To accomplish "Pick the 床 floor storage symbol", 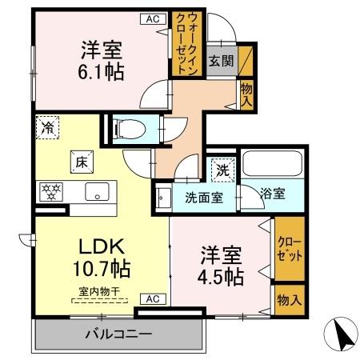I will click(x=79, y=161).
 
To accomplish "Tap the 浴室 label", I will click(x=273, y=194).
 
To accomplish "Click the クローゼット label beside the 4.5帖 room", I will click(x=289, y=249).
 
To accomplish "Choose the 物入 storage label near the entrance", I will click(x=247, y=96).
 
